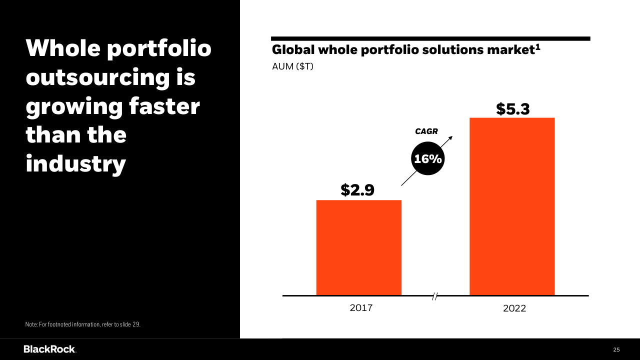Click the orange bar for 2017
point(358,247)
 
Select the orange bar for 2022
point(512,206)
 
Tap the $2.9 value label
point(357,190)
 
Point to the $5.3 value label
point(512,109)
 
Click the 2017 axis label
point(361,308)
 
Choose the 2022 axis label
point(514,308)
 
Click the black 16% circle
point(428,159)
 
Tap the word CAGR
point(426,131)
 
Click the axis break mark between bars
point(435,296)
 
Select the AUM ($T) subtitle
point(292,66)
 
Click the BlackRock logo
point(49,349)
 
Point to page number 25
point(616,349)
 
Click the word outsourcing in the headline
point(110,78)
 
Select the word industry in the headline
point(75,164)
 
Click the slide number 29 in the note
point(136,324)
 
